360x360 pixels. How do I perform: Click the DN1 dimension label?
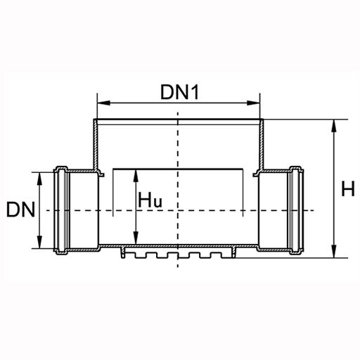[180, 92]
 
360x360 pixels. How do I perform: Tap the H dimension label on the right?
[348, 188]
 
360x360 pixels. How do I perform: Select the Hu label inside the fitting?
[150, 200]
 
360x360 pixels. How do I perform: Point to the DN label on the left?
[20, 210]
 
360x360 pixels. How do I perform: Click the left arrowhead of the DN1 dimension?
[103, 103]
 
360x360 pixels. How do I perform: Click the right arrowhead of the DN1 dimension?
[254, 103]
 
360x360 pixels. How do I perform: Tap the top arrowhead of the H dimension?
[334, 126]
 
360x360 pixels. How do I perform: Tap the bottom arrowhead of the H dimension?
[334, 251]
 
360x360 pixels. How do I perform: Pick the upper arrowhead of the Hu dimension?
[136, 176]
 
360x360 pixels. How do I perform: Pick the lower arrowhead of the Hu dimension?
[136, 238]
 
